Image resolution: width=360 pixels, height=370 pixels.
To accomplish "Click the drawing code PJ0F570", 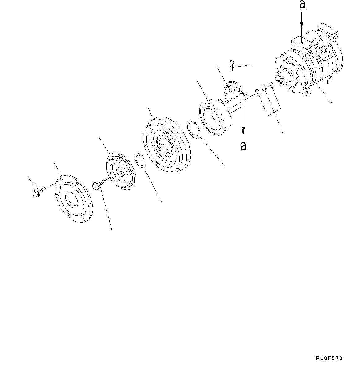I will (x=329, y=358).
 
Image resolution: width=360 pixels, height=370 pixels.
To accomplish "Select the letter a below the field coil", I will (x=244, y=146).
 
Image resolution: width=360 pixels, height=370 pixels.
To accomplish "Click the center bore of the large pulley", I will (x=165, y=144).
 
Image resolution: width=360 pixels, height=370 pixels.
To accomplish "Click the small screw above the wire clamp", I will (x=231, y=65).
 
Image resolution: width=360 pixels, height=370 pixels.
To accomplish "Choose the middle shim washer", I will (x=264, y=89).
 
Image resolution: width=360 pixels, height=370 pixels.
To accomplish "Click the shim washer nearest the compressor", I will (x=271, y=85).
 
